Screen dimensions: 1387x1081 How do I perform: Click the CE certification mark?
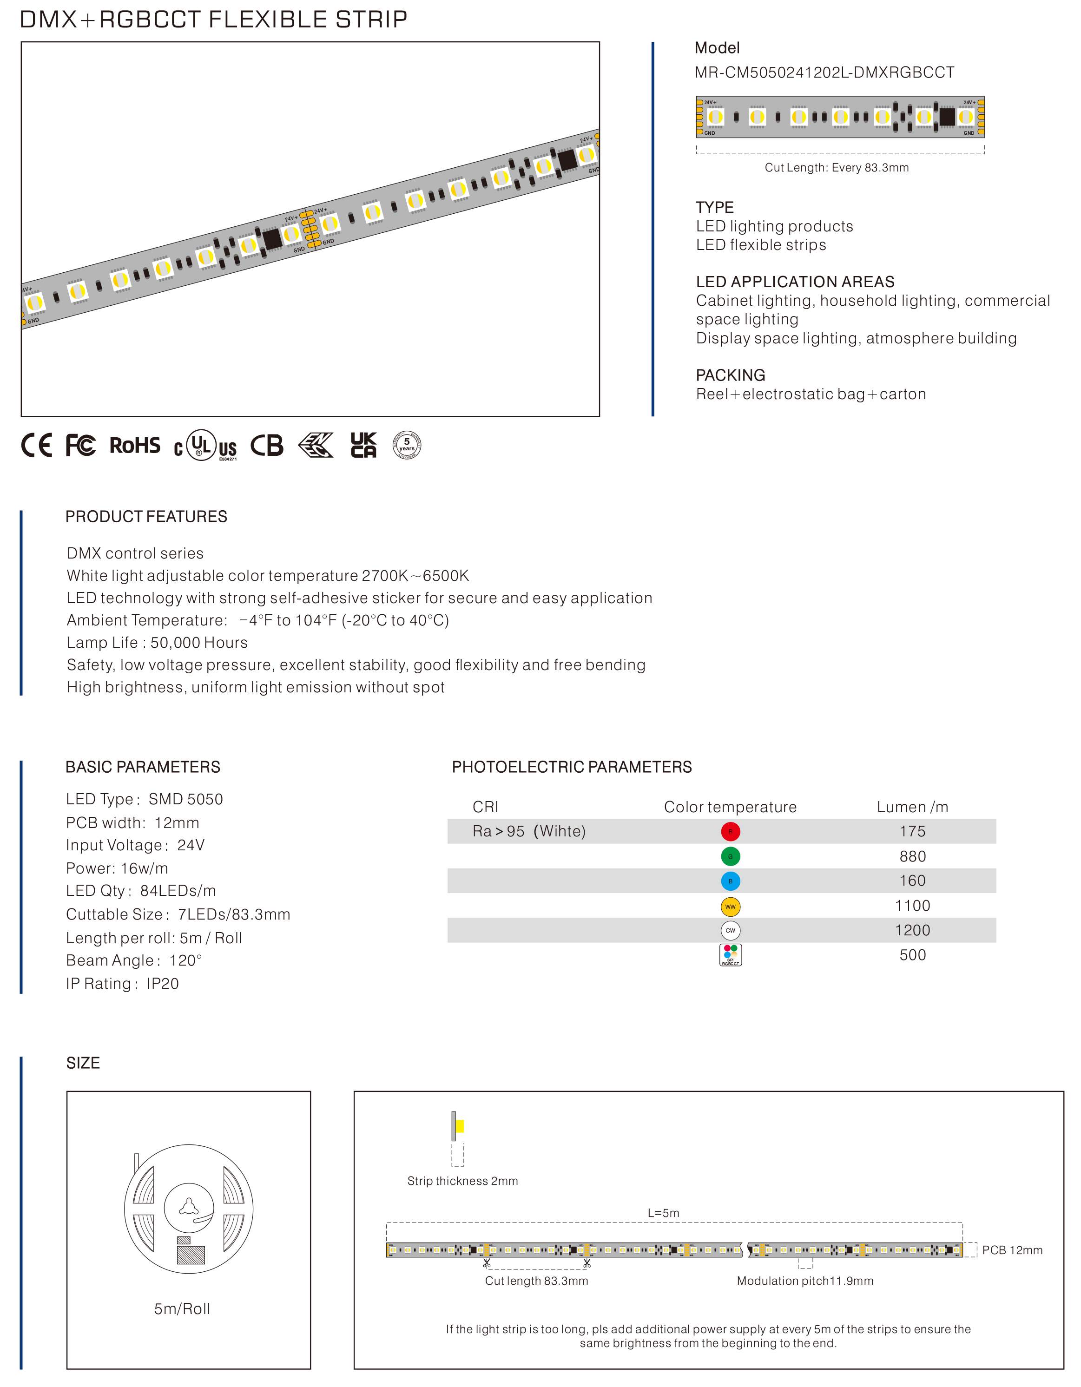[x=36, y=445]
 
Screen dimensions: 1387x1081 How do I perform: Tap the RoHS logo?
[x=135, y=445]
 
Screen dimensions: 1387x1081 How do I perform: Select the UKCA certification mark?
[x=363, y=445]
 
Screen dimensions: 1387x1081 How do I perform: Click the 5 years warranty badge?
[x=407, y=445]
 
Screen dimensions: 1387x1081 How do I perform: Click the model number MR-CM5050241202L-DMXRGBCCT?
[x=824, y=73]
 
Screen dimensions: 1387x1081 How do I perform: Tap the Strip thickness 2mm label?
[x=462, y=1181]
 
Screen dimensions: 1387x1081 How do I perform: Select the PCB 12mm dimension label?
[x=1012, y=1250]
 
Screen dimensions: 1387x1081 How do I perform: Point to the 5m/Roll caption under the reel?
[x=182, y=1309]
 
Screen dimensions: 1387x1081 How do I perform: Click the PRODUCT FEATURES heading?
[x=146, y=516]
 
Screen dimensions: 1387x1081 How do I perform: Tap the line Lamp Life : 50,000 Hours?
[x=157, y=643]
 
